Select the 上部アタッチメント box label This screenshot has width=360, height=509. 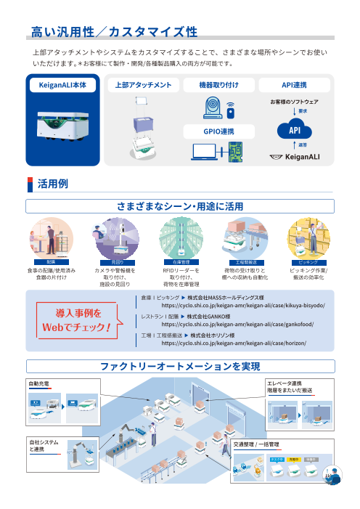(x=143, y=84)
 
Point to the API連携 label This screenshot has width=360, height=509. (x=294, y=84)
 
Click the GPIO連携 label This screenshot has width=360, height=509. (x=218, y=131)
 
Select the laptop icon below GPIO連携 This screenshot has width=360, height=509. (x=205, y=152)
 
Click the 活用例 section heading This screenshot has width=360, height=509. (x=52, y=184)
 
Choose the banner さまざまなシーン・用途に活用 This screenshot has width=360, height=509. (x=180, y=206)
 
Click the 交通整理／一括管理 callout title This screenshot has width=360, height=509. (x=256, y=443)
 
